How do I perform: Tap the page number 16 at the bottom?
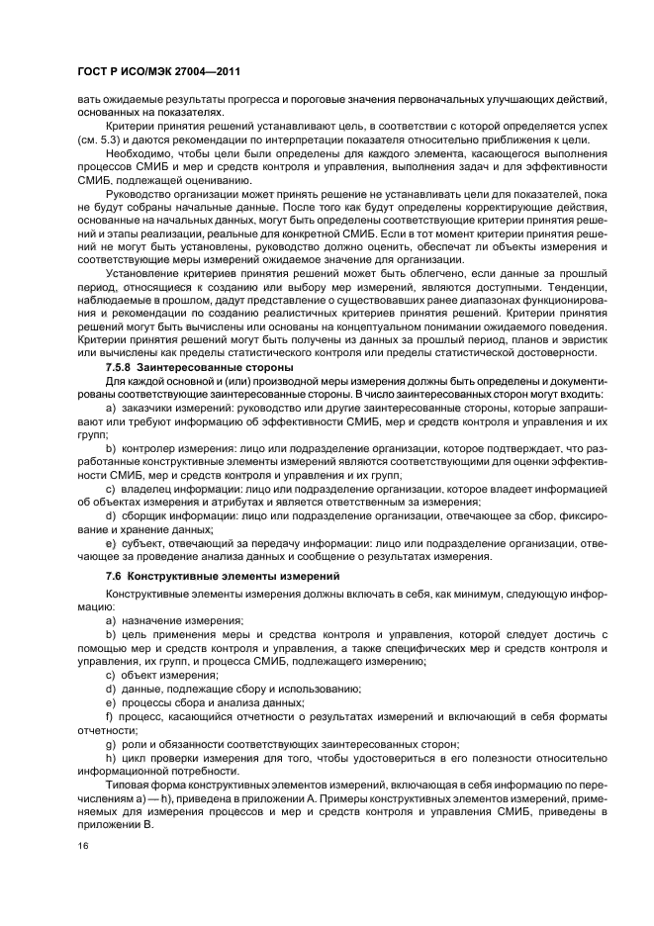click(x=84, y=846)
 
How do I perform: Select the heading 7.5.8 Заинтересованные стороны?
click(x=183, y=367)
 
